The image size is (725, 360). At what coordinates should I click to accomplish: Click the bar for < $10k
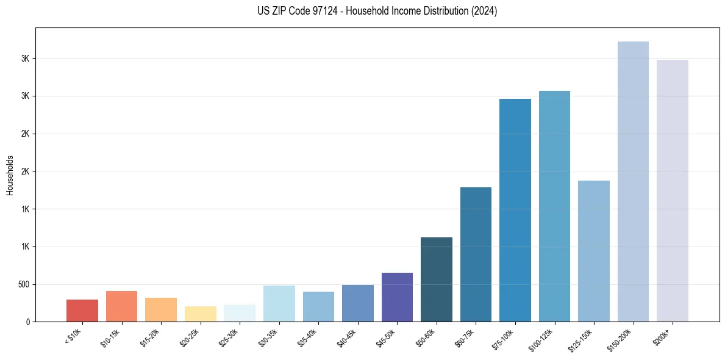(x=82, y=311)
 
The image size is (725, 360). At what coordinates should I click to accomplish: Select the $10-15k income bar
(x=121, y=306)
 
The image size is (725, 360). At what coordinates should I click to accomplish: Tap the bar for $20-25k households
(x=200, y=314)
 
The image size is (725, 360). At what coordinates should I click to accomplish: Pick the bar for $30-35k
(x=279, y=303)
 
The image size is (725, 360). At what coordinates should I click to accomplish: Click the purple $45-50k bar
(x=397, y=297)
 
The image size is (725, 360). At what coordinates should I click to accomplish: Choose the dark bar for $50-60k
(x=437, y=279)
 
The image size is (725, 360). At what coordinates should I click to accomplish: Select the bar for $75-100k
(x=515, y=210)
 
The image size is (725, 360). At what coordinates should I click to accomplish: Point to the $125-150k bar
(x=594, y=251)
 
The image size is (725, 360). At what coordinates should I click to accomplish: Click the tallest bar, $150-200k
(x=633, y=181)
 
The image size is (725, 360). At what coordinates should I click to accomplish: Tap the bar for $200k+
(x=673, y=190)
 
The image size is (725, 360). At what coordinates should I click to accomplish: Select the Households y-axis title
(x=10, y=175)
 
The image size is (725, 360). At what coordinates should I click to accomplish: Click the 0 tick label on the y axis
(x=27, y=322)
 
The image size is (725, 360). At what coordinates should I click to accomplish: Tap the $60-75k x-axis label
(x=468, y=336)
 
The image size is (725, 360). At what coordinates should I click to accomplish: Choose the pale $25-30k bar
(x=240, y=313)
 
